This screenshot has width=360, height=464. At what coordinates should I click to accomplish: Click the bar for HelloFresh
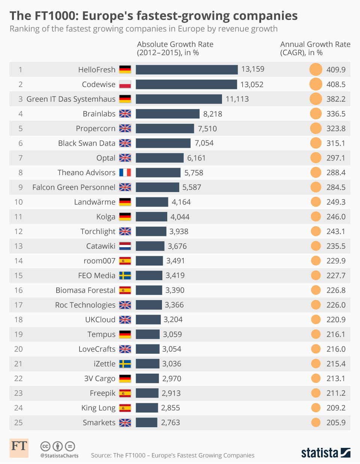[186, 69]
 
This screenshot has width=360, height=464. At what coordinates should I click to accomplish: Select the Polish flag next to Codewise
[125, 84]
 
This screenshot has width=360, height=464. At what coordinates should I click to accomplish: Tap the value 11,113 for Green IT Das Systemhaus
[237, 99]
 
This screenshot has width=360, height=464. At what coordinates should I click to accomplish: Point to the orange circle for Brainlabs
[316, 114]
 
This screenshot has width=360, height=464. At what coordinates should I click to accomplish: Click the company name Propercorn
[96, 128]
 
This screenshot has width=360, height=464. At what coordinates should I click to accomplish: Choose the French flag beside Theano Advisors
[125, 173]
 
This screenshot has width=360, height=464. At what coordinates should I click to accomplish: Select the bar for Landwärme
[152, 202]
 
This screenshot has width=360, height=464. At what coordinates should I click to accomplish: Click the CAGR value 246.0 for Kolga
[336, 217]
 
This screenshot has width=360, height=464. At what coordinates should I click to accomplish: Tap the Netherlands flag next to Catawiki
[125, 246]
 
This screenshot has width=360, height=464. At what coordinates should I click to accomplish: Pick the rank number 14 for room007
[18, 261]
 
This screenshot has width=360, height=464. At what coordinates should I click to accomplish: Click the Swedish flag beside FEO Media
[125, 276]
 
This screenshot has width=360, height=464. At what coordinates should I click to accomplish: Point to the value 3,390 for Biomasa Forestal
[175, 290]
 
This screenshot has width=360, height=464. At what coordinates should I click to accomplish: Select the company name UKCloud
[100, 320]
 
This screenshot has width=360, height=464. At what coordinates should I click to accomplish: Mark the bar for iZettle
[147, 364]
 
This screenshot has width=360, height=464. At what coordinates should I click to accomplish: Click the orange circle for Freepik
[316, 393]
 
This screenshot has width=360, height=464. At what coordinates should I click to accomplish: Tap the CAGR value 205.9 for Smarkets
[336, 422]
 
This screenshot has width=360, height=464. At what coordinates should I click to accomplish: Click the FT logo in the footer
[19, 448]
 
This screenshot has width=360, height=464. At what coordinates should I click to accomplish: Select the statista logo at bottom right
[325, 453]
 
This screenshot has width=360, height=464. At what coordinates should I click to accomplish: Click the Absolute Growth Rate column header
[175, 48]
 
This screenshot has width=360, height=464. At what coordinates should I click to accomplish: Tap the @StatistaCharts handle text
[59, 456]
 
